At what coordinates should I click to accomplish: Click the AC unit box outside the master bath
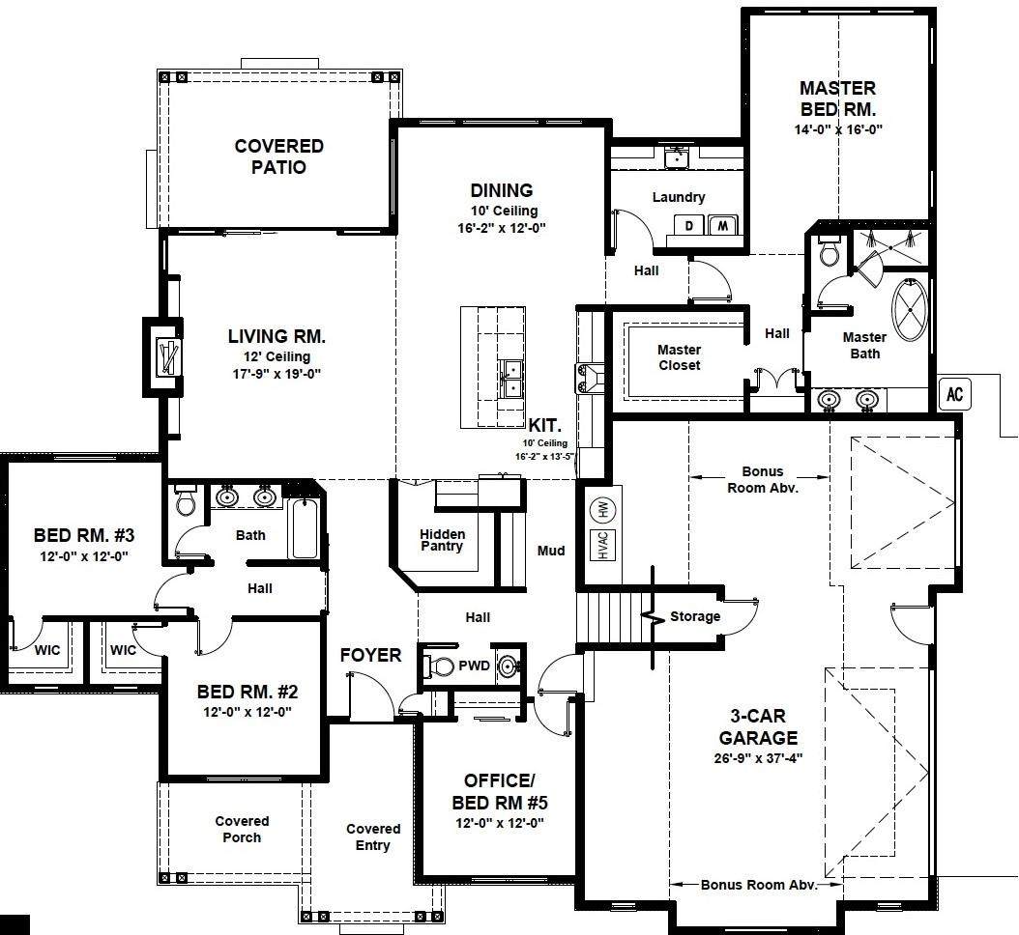pyautogui.click(x=954, y=393)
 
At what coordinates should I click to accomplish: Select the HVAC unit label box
pyautogui.click(x=603, y=546)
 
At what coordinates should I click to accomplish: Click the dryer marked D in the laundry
pyautogui.click(x=689, y=225)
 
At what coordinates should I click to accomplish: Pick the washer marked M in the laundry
pyautogui.click(x=722, y=225)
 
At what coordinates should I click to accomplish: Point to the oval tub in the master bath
pyautogui.click(x=911, y=310)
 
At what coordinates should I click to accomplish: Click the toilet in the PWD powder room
pyautogui.click(x=439, y=666)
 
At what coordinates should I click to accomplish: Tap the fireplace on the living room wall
pyautogui.click(x=165, y=356)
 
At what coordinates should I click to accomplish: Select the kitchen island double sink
pyautogui.click(x=511, y=379)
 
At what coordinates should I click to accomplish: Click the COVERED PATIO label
pyautogui.click(x=278, y=156)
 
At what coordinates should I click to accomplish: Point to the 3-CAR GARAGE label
pyautogui.click(x=758, y=726)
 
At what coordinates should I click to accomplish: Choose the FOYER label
pyautogui.click(x=370, y=655)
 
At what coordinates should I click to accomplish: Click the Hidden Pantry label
pyautogui.click(x=442, y=540)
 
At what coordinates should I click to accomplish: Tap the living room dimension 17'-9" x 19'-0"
pyautogui.click(x=277, y=374)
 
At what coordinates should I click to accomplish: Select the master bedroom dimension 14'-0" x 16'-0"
pyautogui.click(x=838, y=129)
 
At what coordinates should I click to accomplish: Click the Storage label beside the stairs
pyautogui.click(x=695, y=616)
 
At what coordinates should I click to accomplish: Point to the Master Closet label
pyautogui.click(x=679, y=357)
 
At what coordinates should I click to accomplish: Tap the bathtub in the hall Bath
pyautogui.click(x=304, y=528)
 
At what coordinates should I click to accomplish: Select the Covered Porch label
pyautogui.click(x=242, y=829)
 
